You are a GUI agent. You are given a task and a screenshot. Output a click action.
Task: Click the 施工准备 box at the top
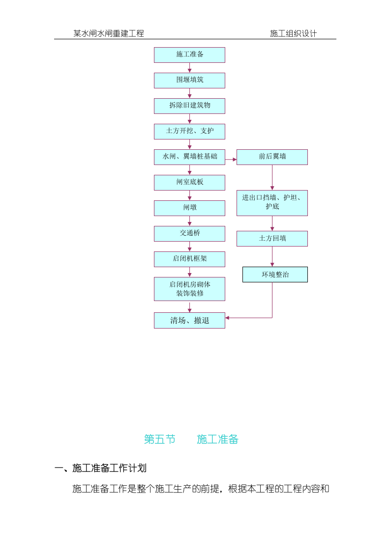(x=189, y=55)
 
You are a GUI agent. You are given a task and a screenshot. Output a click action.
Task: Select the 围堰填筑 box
(x=189, y=81)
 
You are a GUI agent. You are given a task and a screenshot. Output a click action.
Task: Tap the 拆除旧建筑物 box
(x=189, y=106)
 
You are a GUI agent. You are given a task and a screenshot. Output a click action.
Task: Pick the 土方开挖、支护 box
(x=189, y=132)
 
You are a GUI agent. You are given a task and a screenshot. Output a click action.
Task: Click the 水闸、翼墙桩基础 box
(x=189, y=157)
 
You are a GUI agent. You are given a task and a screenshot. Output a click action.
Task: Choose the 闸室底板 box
(x=189, y=183)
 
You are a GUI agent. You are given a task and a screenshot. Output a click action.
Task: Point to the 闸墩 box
(x=189, y=208)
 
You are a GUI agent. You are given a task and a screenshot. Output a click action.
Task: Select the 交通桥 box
(x=189, y=234)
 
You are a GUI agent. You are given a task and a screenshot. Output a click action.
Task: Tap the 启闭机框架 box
(x=189, y=259)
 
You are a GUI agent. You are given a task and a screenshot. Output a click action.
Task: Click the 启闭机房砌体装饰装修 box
(x=189, y=289)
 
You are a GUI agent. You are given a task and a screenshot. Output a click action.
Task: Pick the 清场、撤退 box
(x=189, y=320)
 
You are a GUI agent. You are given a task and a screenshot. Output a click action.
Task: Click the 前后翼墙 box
(x=272, y=157)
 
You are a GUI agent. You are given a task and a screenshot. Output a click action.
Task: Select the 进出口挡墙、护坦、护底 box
(x=272, y=203)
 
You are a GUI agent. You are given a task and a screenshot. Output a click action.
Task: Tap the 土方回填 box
(x=272, y=239)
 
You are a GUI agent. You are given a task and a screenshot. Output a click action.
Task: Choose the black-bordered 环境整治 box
(x=275, y=275)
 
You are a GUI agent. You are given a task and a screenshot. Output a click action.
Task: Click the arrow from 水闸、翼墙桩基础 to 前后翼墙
(x=231, y=159)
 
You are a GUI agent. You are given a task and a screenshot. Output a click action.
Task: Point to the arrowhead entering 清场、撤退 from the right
(x=227, y=318)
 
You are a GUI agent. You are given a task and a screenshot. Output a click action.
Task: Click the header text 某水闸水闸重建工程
(x=109, y=33)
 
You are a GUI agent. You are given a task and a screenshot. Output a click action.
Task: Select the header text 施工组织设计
(x=293, y=33)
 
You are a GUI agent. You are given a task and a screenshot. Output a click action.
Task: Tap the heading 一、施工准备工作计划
(x=100, y=468)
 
